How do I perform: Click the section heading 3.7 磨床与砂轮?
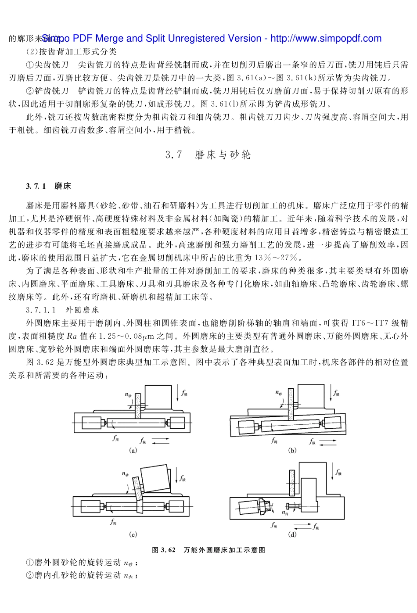pos(208,154)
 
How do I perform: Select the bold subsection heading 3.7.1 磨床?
pos(48,186)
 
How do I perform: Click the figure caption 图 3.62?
pos(208,550)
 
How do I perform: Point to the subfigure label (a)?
pos(133,450)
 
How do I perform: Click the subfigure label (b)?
pos(292,450)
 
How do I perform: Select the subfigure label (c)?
pos(133,534)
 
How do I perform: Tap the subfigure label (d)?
pos(292,534)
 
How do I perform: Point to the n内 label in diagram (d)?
pos(285,513)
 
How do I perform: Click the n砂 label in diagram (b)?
pos(279,393)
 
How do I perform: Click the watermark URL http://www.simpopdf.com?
pos(326,39)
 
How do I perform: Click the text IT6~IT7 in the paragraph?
pos(370,323)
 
